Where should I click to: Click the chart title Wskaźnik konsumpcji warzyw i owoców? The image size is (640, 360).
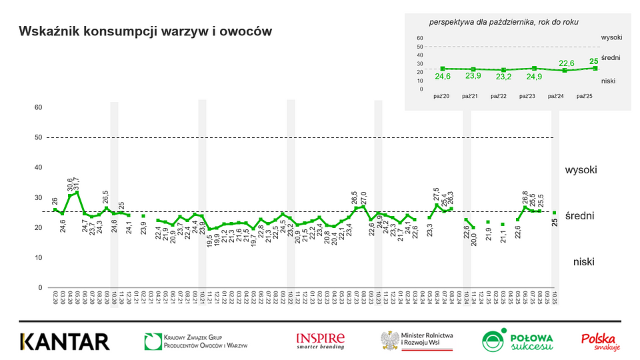click(145, 31)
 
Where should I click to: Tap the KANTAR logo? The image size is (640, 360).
click(65, 341)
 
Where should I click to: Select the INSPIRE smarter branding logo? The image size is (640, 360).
click(321, 341)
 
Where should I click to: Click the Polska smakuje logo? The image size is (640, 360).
click(601, 341)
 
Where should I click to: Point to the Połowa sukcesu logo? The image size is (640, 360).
click(517, 341)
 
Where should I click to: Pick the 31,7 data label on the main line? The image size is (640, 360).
click(77, 183)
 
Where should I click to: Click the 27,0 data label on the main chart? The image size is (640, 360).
click(363, 199)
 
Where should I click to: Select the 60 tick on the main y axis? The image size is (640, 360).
click(39, 107)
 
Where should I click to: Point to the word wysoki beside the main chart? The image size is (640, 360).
click(581, 170)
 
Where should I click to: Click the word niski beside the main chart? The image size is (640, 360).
click(583, 262)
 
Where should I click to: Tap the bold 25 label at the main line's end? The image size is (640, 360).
click(555, 223)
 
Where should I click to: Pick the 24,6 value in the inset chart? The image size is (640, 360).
click(443, 77)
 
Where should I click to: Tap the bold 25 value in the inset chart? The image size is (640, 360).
click(595, 61)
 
